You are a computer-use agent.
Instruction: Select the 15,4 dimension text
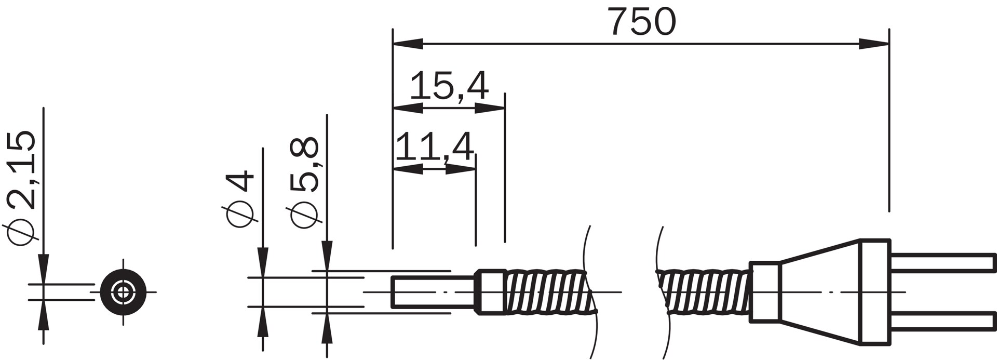[449, 87]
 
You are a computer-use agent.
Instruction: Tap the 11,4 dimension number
[435, 148]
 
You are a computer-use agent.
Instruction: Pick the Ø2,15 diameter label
[22, 187]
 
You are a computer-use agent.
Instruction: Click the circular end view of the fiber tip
[123, 291]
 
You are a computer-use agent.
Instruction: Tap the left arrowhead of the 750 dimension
[408, 44]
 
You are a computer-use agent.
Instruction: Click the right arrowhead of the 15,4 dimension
[490, 108]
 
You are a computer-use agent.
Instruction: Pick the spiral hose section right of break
[704, 292]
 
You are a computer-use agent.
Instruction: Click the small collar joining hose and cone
[764, 292]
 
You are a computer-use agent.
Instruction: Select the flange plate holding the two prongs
[874, 292]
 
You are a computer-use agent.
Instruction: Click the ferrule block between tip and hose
[491, 292]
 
